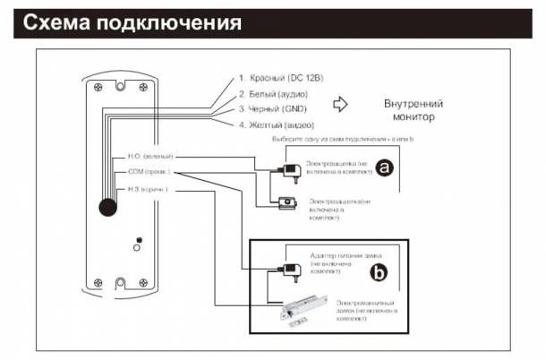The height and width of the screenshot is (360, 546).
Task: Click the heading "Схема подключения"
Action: coord(132,22)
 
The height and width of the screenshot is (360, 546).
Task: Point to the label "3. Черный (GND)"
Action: coord(272,109)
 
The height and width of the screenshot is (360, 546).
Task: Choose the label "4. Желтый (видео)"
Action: coord(275,124)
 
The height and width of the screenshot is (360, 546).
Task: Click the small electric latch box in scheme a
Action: coord(287,203)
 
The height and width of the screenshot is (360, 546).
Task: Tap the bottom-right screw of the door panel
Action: coord(143,287)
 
